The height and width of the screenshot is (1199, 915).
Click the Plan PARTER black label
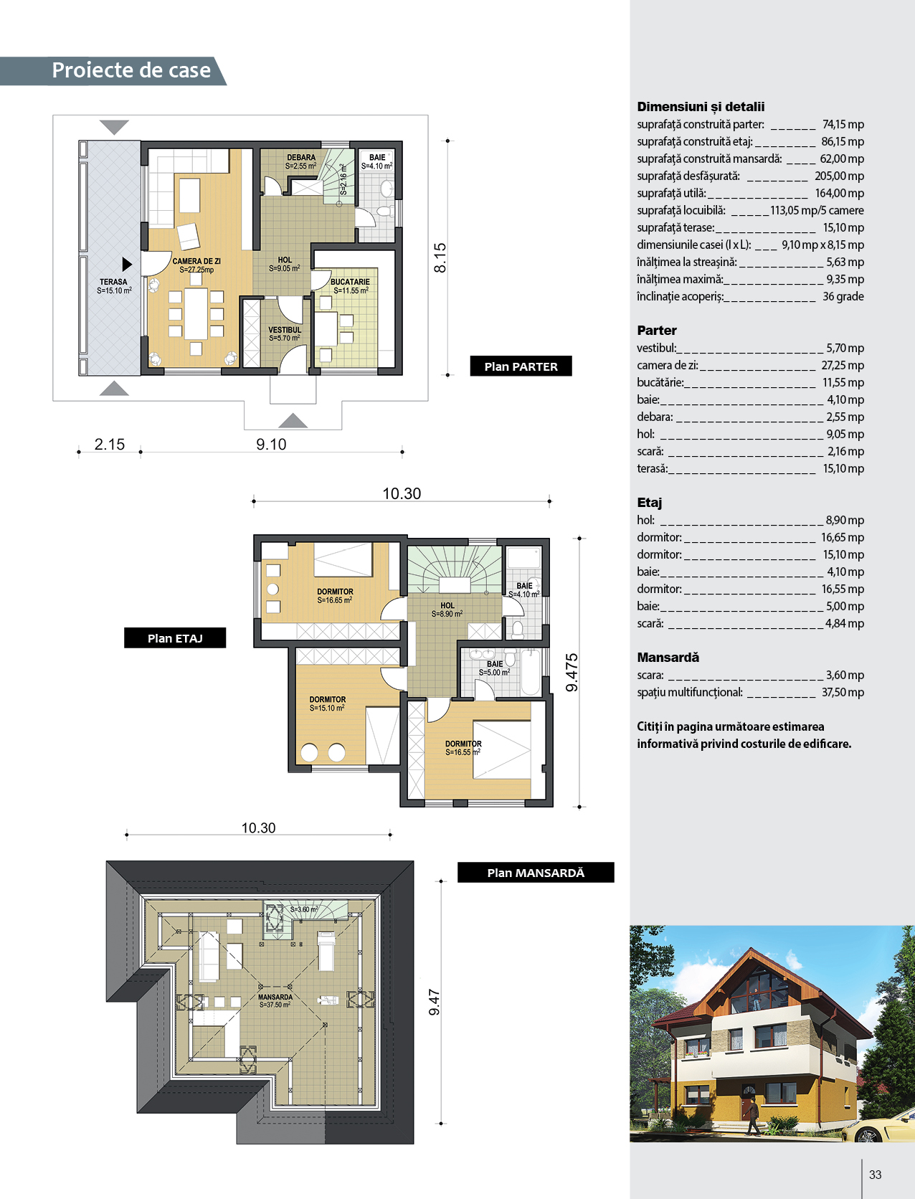pyautogui.click(x=521, y=366)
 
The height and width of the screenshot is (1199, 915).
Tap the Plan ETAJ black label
pyautogui.click(x=175, y=638)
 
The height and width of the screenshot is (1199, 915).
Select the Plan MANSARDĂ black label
pyautogui.click(x=536, y=872)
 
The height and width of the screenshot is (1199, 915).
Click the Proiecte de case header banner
pyautogui.click(x=113, y=70)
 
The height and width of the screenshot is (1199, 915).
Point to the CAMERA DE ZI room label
pyautogui.click(x=196, y=265)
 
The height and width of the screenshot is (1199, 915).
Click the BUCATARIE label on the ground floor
pyautogui.click(x=350, y=286)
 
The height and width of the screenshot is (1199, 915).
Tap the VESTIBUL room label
pyautogui.click(x=285, y=333)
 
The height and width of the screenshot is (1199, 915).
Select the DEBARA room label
pyautogui.click(x=301, y=161)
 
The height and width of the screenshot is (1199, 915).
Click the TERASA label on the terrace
pyautogui.click(x=113, y=286)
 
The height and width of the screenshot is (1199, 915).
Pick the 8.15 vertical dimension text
pyautogui.click(x=440, y=258)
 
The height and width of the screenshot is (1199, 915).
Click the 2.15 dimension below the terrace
pyautogui.click(x=110, y=444)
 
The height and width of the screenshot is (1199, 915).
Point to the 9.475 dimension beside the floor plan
pyautogui.click(x=572, y=673)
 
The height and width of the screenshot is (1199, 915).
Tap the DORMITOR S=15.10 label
pyautogui.click(x=327, y=703)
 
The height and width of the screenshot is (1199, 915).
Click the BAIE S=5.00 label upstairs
pyautogui.click(x=494, y=668)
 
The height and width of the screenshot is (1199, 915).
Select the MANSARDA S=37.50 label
pyautogui.click(x=275, y=1000)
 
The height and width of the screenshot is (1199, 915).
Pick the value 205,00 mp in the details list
pyautogui.click(x=840, y=176)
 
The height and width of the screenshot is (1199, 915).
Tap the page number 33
pyautogui.click(x=875, y=1175)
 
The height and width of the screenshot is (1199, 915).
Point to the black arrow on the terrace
pyautogui.click(x=127, y=265)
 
